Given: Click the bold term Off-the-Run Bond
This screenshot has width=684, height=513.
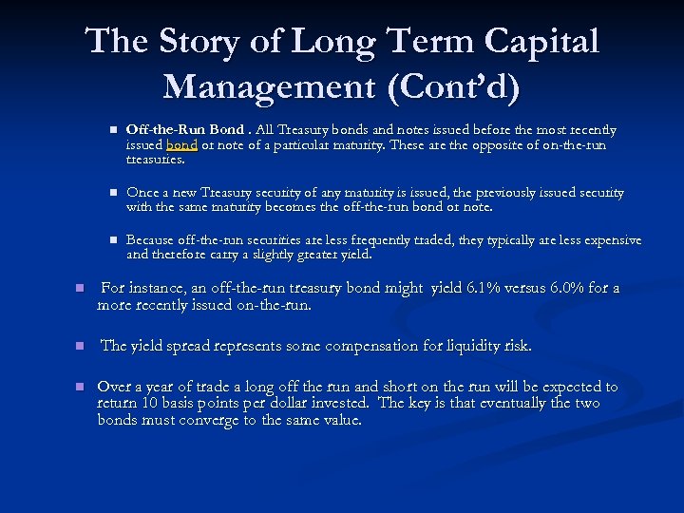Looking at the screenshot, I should pyautogui.click(x=185, y=129).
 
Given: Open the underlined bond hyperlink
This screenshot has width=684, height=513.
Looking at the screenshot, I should pyautogui.click(x=180, y=145).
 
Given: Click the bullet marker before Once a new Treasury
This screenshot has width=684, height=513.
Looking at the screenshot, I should pyautogui.click(x=111, y=193).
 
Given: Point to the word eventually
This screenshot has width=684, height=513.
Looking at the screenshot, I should pyautogui.click(x=508, y=404).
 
